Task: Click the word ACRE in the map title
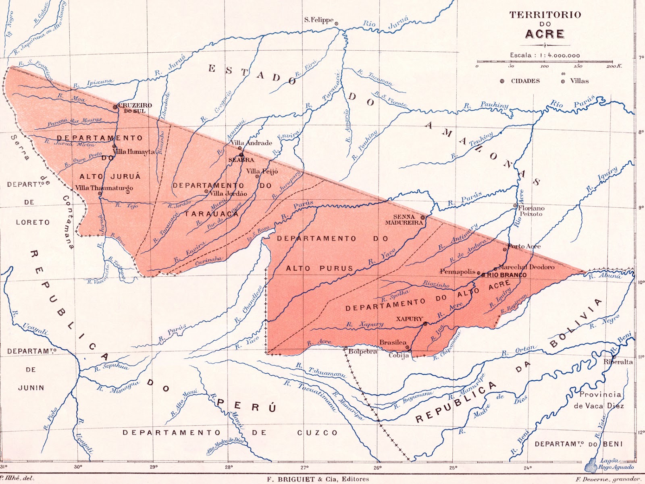click(x=545, y=34)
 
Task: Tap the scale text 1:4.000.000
click(x=558, y=55)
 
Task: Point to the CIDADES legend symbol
click(x=502, y=81)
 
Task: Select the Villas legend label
click(x=579, y=81)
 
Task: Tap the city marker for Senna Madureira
click(x=422, y=217)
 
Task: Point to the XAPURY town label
click(x=409, y=319)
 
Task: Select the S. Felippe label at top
click(x=318, y=20)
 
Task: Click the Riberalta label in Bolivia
click(x=618, y=362)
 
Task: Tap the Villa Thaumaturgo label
click(x=104, y=188)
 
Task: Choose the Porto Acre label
click(x=524, y=246)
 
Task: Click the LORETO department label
click(x=33, y=222)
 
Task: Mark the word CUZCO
click(x=317, y=433)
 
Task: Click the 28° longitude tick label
click(x=229, y=467)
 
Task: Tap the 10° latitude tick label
click(x=641, y=282)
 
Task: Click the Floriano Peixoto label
click(x=531, y=211)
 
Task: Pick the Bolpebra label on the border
click(x=363, y=352)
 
